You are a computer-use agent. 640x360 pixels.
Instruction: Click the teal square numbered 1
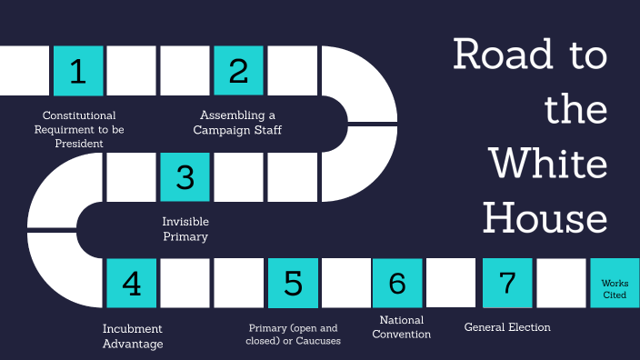point(78,70)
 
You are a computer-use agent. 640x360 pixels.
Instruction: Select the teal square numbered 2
point(238,70)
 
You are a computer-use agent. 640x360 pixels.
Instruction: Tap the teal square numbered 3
point(185,176)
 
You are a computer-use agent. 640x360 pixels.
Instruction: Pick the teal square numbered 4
point(132,283)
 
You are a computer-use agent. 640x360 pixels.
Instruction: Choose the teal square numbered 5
point(293,283)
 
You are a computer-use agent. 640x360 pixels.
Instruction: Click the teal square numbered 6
point(397,283)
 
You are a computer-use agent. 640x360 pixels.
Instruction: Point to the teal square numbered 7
point(507,283)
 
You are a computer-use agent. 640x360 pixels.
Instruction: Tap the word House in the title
point(545,218)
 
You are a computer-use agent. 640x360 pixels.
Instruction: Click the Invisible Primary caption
point(185,229)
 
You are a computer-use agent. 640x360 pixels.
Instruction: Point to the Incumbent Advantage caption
point(133,335)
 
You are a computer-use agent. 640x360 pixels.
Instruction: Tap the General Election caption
point(507,327)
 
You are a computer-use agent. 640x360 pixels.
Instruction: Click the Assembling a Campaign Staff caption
point(237,123)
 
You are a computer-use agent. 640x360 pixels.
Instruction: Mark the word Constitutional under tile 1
point(79,115)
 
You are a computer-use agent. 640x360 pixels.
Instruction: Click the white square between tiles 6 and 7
point(452,283)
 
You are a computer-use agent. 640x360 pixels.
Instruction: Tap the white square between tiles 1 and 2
point(132,70)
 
